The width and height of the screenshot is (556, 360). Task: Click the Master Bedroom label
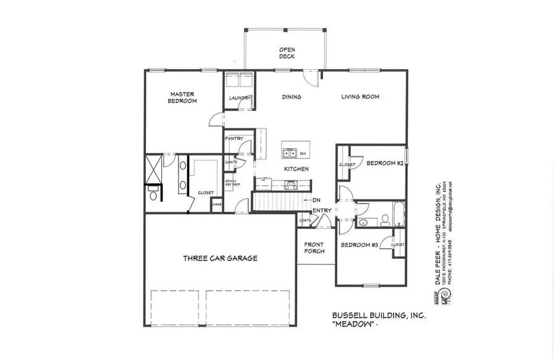tap(183, 97)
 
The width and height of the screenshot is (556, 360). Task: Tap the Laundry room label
tap(239, 98)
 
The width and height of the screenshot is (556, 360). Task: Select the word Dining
tap(291, 97)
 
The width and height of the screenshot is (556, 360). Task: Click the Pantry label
tap(234, 138)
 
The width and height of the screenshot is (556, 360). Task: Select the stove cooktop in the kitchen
tap(289, 183)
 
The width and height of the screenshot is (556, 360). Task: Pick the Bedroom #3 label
tap(360, 245)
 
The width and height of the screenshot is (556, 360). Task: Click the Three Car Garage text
tap(220, 258)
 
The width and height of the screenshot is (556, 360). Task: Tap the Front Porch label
tap(314, 248)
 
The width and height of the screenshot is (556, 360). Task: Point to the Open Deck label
tap(287, 52)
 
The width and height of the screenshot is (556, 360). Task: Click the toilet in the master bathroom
tap(153, 196)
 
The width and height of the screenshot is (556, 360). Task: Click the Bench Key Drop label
tap(232, 183)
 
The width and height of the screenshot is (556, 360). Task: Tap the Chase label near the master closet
tap(217, 205)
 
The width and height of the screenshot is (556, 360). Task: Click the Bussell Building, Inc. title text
tap(374, 316)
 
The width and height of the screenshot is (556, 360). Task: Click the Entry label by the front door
tap(321, 211)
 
